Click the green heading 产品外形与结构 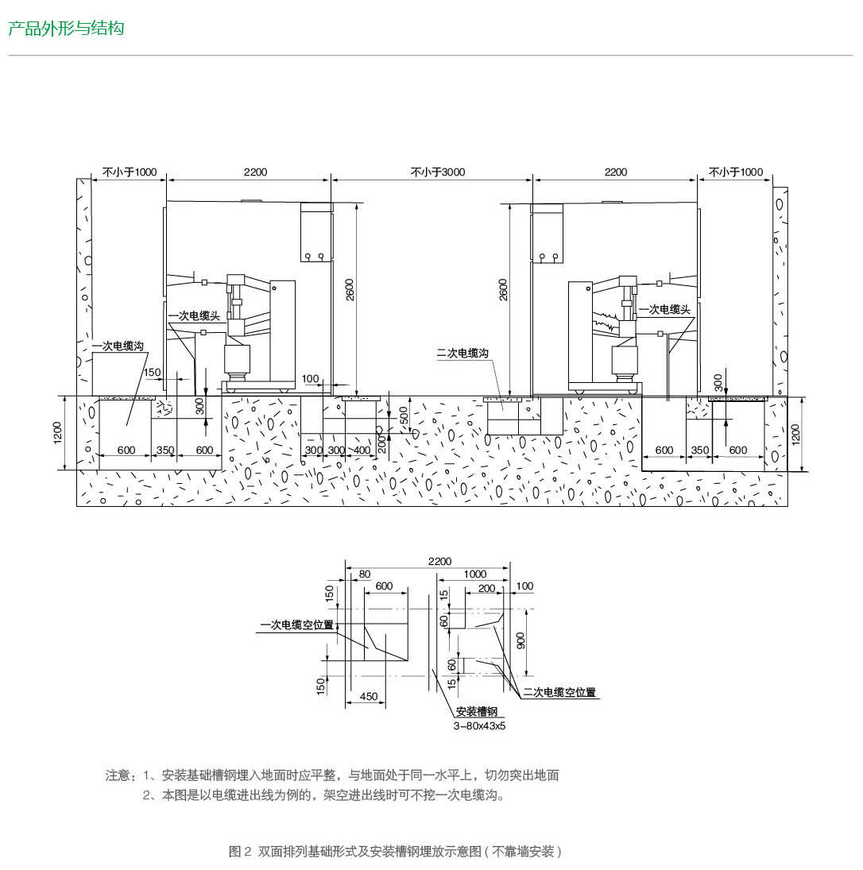pyautogui.click(x=66, y=29)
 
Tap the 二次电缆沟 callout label pyautogui.click(x=462, y=353)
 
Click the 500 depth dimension pyautogui.click(x=404, y=416)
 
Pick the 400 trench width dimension pyautogui.click(x=362, y=450)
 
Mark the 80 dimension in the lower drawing pyautogui.click(x=364, y=574)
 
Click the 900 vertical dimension pyautogui.click(x=521, y=640)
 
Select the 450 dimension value pyautogui.click(x=368, y=696)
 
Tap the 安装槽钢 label pyautogui.click(x=476, y=711)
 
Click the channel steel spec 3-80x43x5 pyautogui.click(x=479, y=725)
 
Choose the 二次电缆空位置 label pyautogui.click(x=559, y=693)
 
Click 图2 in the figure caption pyautogui.click(x=240, y=852)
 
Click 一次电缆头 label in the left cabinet pyautogui.click(x=194, y=316)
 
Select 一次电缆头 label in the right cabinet pyautogui.click(x=666, y=309)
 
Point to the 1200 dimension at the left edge pyautogui.click(x=59, y=433)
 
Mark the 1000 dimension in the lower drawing pyautogui.click(x=474, y=574)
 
